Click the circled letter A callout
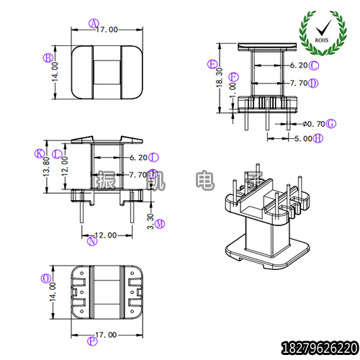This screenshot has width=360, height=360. tap(93, 22)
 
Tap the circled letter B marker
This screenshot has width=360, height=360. tap(47, 58)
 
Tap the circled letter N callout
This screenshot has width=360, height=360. tap(93, 241)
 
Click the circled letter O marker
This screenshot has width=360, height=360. tap(46, 277)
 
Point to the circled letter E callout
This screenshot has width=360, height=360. tap(212, 63)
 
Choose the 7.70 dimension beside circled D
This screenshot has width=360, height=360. tap(298, 83)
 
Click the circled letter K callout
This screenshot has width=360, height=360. tap(39, 153)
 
